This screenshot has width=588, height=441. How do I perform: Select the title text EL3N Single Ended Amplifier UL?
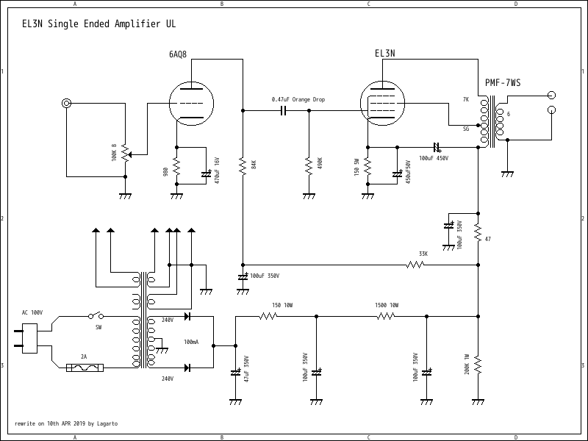pyautogui.click(x=99, y=24)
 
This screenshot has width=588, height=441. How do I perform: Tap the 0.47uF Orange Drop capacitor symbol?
pyautogui.click(x=282, y=111)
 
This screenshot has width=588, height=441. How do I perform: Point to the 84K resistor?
pyautogui.click(x=243, y=165)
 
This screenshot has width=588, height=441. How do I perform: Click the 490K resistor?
pyautogui.click(x=309, y=165)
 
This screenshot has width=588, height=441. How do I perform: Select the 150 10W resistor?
pyautogui.click(x=268, y=316)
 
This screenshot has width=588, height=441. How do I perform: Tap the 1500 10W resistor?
pyautogui.click(x=386, y=316)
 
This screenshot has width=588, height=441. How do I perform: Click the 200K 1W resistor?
pyautogui.click(x=478, y=365)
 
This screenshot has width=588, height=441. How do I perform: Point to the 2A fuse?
pyautogui.click(x=87, y=367)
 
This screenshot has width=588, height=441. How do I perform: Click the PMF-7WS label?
pyautogui.click(x=502, y=83)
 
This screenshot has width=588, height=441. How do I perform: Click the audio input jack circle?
pyautogui.click(x=67, y=104)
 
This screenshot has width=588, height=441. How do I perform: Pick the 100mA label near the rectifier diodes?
pyautogui.click(x=191, y=343)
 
